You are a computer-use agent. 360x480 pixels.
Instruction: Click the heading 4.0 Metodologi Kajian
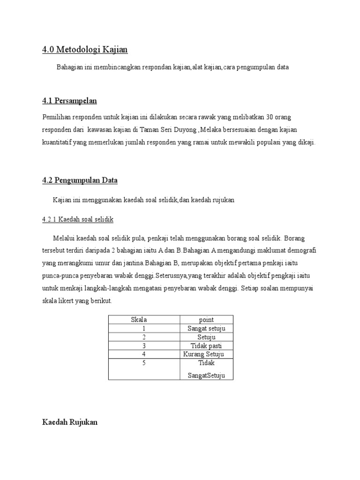pos(85,49)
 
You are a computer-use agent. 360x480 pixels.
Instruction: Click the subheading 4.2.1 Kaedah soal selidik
pos(78,219)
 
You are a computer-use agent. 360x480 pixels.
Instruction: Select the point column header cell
pos(206,320)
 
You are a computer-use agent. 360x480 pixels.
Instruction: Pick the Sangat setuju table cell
pos(206,328)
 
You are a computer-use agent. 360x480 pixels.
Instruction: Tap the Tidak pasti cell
pos(206,345)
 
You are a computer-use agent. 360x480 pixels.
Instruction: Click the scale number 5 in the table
pos(144,363)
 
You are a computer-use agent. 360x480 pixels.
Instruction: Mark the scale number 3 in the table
pos(144,345)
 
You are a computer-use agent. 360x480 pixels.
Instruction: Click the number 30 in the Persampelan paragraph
pos(270,116)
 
